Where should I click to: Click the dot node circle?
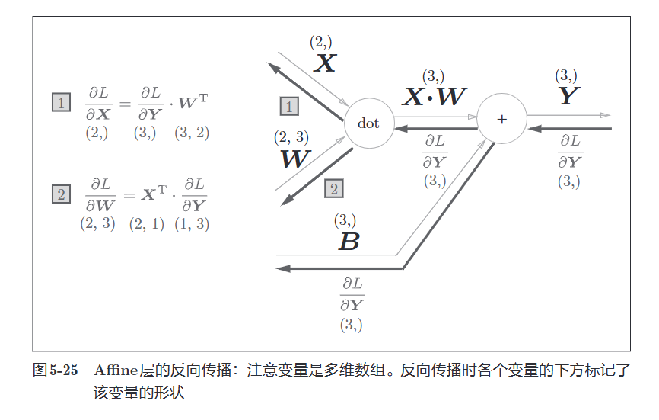[368, 123]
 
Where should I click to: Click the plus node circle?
[501, 119]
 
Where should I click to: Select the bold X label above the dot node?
[325, 63]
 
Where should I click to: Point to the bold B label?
[349, 242]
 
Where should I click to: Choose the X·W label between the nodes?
[435, 96]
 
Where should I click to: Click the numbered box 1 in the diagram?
[289, 106]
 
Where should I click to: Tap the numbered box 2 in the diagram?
[333, 189]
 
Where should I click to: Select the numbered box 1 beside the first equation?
[61, 101]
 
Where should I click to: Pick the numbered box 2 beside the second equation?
[61, 194]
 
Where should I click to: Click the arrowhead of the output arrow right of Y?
[606, 115]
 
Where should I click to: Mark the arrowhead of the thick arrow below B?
[282, 268]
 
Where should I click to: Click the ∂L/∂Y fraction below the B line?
[351, 293]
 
